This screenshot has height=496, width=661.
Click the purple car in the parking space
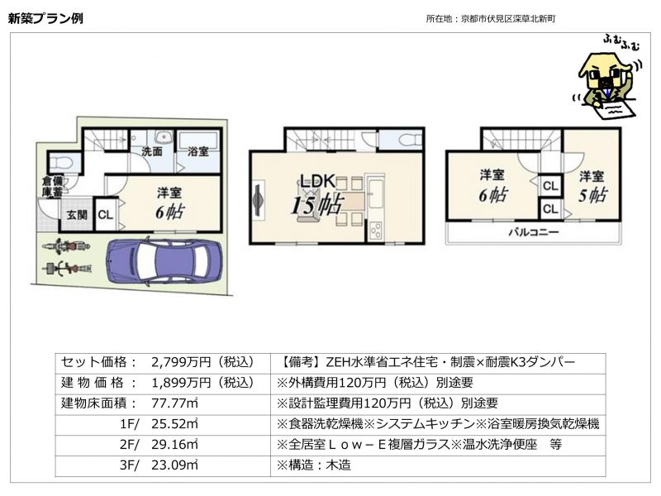pos(164,261)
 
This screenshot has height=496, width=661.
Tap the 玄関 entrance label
pos(77,215)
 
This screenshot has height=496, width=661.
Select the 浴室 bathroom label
pos(198,151)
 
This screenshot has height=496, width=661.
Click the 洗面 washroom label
pos(152,151)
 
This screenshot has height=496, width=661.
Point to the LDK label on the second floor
pos(318,181)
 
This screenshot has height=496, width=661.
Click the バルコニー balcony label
pos(533,232)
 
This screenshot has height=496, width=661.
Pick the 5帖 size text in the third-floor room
pos(592,195)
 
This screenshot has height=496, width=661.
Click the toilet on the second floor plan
pos(409,139)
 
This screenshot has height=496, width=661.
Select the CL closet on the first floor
pos(106,215)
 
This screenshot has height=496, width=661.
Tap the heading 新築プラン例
pos(45,18)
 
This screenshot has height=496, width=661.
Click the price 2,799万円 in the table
pos(180,362)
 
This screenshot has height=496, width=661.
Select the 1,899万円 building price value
pos(180,383)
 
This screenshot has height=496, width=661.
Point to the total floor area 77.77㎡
pos(174,403)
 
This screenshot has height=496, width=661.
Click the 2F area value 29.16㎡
pos(174,445)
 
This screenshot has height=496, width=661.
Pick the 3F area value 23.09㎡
pos(174,465)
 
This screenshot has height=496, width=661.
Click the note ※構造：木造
pos(314,465)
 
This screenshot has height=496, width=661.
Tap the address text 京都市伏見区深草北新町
pos(508,18)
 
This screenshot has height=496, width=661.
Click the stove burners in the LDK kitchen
pos(375,231)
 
